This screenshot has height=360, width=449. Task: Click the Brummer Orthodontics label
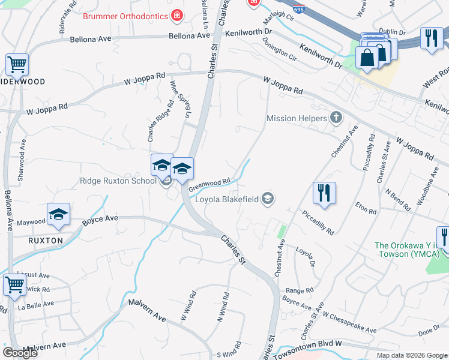pos(125,16)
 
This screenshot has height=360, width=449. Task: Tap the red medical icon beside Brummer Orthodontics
pos(177,16)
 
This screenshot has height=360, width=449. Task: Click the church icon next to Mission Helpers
pos(337,118)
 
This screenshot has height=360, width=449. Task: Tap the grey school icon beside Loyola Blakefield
pos(268,199)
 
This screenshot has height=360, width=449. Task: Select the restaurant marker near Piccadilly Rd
pos(324,193)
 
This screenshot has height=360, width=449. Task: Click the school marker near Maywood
pos(59,215)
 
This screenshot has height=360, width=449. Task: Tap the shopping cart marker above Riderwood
pos(17,64)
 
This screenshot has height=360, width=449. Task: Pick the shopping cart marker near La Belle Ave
pos(14,284)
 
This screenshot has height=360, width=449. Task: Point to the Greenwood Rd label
pos(209,184)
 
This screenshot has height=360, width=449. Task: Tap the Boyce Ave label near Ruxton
pos(101,220)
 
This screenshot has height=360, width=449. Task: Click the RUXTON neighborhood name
pos(46,240)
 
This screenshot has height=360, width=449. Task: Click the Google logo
pos(20,353)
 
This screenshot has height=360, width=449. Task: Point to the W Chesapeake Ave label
pos(349,322)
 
